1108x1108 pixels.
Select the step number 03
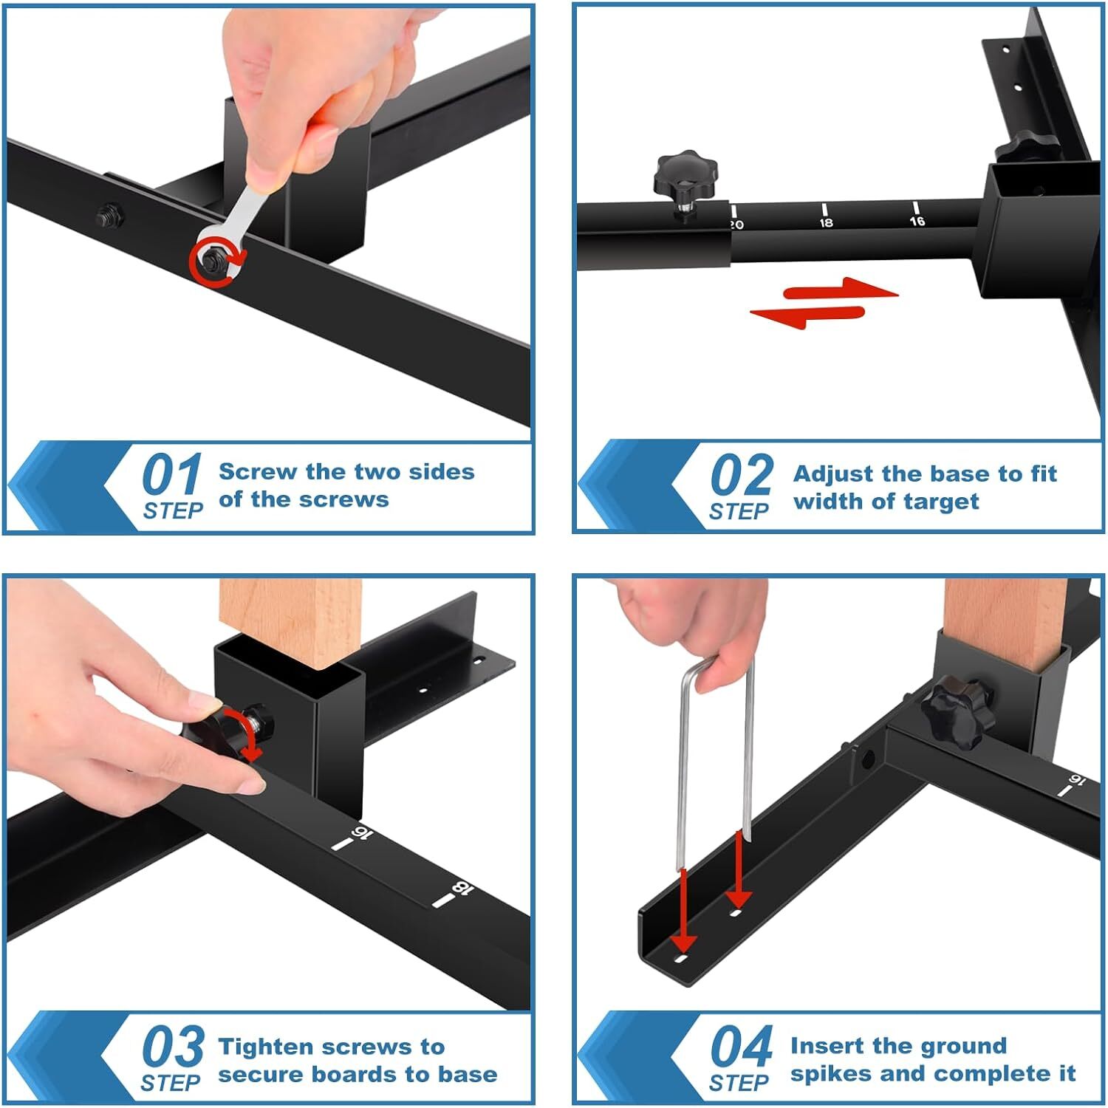click(x=172, y=1046)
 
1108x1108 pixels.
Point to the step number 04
click(x=741, y=1046)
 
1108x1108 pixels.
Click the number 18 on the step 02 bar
click(x=826, y=222)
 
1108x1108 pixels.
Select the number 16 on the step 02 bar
click(x=917, y=221)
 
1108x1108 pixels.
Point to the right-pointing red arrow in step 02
click(x=842, y=290)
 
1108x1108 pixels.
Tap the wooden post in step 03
click(x=291, y=620)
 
